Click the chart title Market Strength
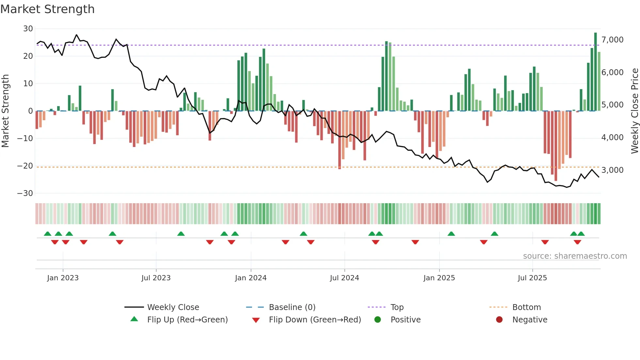[x=47, y=9]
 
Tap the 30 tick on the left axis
[x=28, y=29]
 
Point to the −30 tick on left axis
[x=25, y=193]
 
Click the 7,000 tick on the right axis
[x=612, y=40]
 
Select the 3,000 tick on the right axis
[x=612, y=170]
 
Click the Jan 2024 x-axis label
[x=250, y=278]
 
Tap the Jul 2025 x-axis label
[x=532, y=278]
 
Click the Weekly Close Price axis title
[x=634, y=111]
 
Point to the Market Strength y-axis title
[x=6, y=111]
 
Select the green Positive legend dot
[x=378, y=320]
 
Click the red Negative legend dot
[x=499, y=320]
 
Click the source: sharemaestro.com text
[x=575, y=256]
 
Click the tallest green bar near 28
[x=595, y=72]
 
